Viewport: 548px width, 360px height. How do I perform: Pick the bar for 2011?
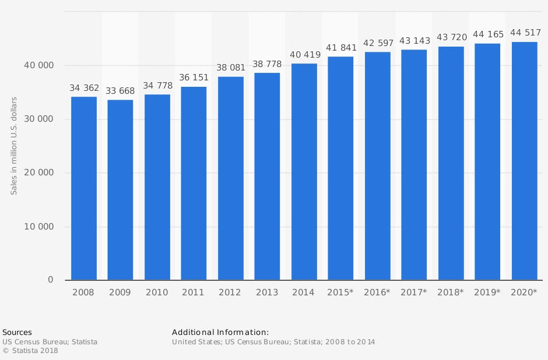[x=194, y=183]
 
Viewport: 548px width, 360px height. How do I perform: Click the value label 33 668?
[x=121, y=91]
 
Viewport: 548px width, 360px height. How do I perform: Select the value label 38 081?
[x=231, y=68]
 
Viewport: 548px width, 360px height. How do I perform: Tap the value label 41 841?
[x=341, y=48]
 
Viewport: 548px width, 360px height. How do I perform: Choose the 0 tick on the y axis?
[x=50, y=280]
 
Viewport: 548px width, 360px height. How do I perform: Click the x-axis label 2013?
[x=268, y=292]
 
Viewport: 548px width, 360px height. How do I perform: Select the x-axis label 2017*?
[x=414, y=292]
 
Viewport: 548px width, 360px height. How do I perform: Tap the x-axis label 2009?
[x=121, y=292]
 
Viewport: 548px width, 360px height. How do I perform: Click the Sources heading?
[x=17, y=332]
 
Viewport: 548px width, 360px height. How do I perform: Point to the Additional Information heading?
[x=220, y=332]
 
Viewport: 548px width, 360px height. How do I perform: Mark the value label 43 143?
[x=414, y=41]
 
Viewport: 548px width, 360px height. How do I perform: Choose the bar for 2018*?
[x=451, y=163]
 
